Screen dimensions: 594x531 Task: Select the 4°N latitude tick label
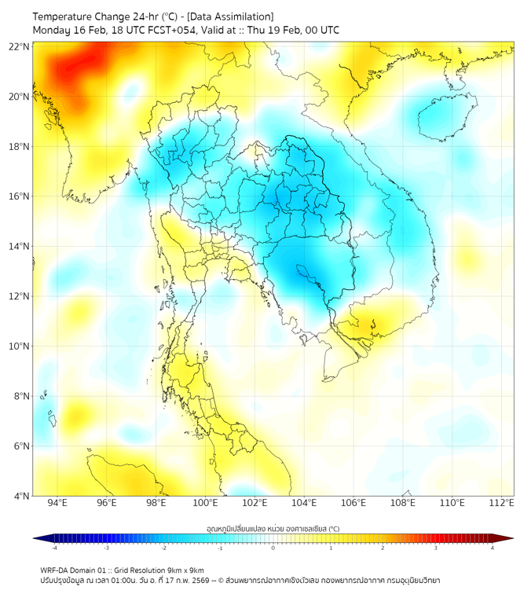coord(22,496)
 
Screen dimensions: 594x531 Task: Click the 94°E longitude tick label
coord(57,503)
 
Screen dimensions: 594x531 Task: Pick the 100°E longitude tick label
coord(205,503)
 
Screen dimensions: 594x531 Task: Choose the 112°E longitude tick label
coord(502,503)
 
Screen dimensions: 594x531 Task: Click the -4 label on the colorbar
coord(53,548)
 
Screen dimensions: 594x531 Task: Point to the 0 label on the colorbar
coord(273,548)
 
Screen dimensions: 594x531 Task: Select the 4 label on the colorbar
coord(493,548)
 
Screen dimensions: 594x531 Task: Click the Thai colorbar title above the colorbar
coord(273,528)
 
